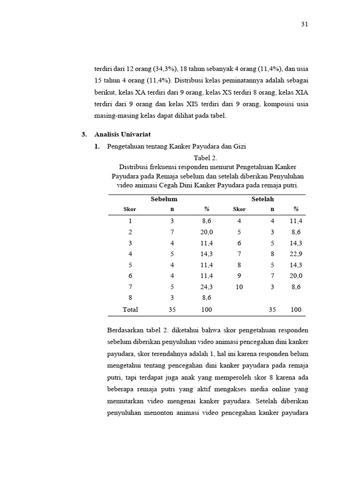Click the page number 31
(x=304, y=24)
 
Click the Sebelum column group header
(x=164, y=199)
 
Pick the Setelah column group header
(x=262, y=199)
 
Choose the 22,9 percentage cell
(x=296, y=254)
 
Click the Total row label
(x=130, y=309)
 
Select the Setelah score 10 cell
(x=239, y=287)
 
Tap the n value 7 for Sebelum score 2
(x=172, y=232)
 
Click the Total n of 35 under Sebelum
(x=172, y=309)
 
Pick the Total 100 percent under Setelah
(x=296, y=309)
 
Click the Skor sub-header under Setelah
(x=239, y=209)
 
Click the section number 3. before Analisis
(x=84, y=135)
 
